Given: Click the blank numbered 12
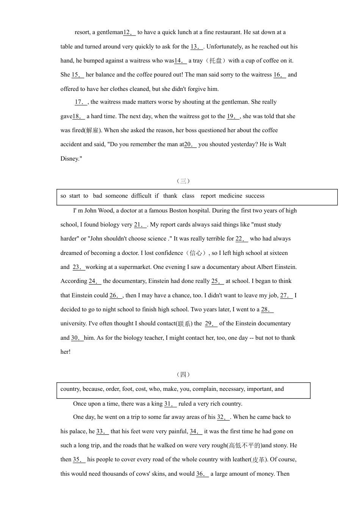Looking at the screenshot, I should pos(129,33).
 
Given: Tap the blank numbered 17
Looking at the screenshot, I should pos(81,102).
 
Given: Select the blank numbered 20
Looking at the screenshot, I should pos(190,145).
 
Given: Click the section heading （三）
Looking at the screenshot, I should pos(183,181).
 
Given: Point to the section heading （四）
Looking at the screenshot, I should pos(183,375).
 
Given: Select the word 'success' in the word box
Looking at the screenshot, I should pos(255,196).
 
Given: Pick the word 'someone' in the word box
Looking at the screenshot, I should pos(116,196).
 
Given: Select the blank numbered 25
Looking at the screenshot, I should pos(218,281).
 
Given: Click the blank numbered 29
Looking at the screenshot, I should pos(211,324).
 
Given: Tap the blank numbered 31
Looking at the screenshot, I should pos(171,404).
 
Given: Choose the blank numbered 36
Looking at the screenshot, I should pos(202,474).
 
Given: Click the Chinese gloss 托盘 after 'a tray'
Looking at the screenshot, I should pos(216,61).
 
